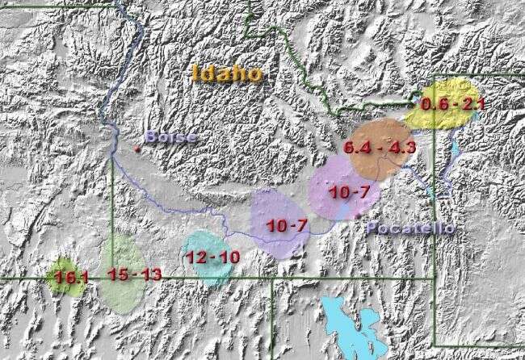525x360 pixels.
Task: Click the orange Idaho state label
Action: pyautogui.click(x=228, y=73)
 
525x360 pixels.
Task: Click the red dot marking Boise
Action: pyautogui.click(x=138, y=149)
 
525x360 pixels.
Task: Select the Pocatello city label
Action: pyautogui.click(x=409, y=228)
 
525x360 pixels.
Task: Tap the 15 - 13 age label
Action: pyautogui.click(x=134, y=274)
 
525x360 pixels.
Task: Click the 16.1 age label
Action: pyautogui.click(x=71, y=278)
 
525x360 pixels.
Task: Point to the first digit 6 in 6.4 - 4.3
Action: pyautogui.click(x=349, y=148)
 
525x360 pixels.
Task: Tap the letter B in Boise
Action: pyautogui.click(x=151, y=137)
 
